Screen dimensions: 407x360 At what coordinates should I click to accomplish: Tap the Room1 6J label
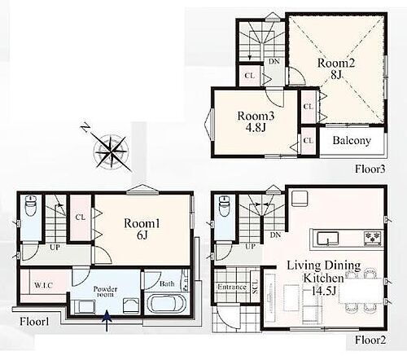point(142,229)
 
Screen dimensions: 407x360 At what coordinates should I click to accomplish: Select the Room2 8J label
point(336,68)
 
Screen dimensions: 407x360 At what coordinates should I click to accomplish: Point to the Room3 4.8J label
point(256,121)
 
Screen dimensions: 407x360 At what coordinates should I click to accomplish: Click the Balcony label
point(352,140)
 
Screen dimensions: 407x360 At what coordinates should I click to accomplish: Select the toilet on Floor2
point(225,206)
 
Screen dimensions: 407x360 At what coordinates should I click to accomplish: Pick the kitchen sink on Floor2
point(328,239)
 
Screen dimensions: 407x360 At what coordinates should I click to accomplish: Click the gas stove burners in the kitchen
point(373,238)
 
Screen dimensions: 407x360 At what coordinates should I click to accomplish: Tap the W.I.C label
point(43,285)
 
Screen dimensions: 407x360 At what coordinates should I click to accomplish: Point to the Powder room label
point(105,292)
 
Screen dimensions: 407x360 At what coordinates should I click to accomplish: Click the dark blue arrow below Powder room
point(107,321)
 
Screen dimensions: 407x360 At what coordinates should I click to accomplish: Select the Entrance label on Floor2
point(232,287)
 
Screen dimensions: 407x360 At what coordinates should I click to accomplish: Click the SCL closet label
point(256,286)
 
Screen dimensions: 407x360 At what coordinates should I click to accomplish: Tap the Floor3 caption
point(370,169)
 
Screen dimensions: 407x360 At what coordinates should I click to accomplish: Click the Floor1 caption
point(34,322)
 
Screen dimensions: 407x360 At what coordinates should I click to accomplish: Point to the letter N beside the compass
point(85,127)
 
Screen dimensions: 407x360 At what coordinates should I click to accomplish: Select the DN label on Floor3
point(274,62)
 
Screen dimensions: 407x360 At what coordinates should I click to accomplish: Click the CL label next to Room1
point(81,217)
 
